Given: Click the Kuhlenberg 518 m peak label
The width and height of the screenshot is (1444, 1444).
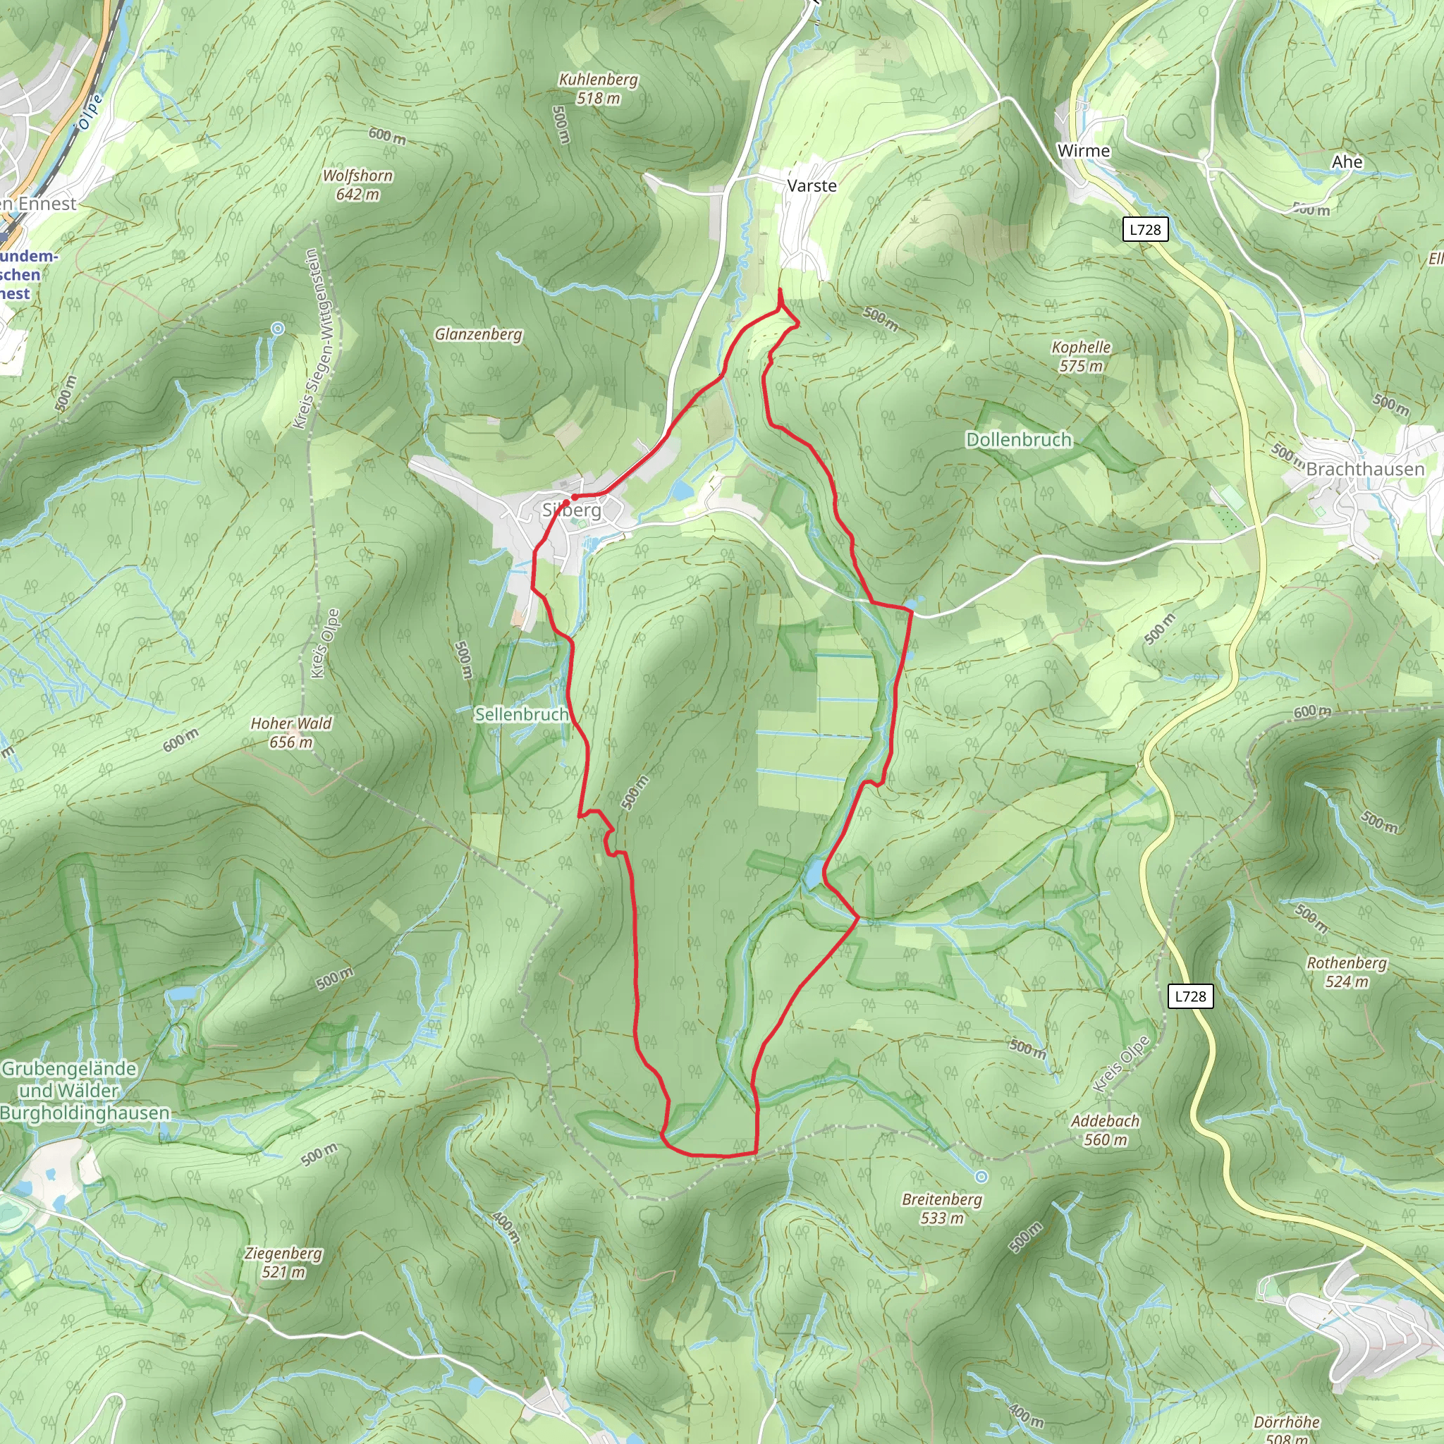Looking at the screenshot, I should pos(598,89).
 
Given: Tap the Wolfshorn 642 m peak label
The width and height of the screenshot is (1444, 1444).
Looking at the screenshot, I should pos(357,185).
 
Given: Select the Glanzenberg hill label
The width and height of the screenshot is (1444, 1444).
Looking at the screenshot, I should pos(478,334).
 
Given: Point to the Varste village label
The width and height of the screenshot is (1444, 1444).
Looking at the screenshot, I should pos(812,185).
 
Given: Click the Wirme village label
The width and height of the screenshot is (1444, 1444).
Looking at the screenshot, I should pos(1083,151).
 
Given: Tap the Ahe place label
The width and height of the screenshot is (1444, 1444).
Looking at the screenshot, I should pos(1347,162).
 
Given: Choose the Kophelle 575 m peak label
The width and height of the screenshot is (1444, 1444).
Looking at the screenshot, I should pos(1081,357).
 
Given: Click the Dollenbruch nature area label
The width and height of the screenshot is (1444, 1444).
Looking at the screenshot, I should pos(1019,439).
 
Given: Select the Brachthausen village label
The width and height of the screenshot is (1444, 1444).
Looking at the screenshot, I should pos(1365,469).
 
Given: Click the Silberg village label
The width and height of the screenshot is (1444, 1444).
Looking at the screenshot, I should pos(572,510).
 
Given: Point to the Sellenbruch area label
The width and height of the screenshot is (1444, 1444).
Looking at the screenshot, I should pos(522,714).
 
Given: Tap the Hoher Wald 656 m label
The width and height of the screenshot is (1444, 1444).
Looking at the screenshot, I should pos(290,733).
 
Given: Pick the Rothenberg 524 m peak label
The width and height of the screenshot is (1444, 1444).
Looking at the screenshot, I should pos(1346,972).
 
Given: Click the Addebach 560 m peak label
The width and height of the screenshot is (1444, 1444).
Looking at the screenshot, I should pos(1105,1130).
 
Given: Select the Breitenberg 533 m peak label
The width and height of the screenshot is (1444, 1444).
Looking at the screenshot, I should pos(942,1209).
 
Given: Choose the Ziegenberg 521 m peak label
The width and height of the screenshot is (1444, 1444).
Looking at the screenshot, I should pos(283,1262).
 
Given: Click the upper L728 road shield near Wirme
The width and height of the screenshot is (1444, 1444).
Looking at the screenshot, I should pos(1145,229).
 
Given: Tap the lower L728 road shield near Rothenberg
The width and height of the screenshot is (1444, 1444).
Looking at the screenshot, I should pos(1190,996).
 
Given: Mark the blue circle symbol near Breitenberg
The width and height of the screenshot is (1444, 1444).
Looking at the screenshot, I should pos(981,1177).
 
